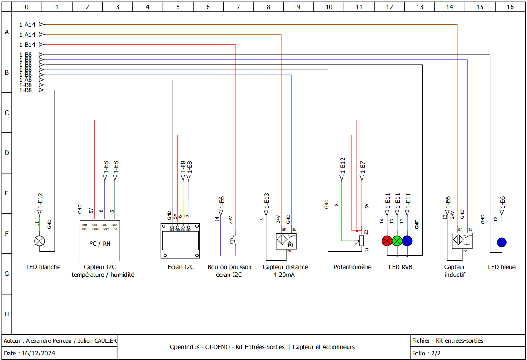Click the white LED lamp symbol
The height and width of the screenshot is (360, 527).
(x=40, y=241)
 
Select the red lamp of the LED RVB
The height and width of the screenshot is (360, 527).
(x=387, y=241)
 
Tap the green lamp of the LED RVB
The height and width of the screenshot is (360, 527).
(x=397, y=241)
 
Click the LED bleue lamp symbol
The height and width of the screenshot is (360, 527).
(x=502, y=242)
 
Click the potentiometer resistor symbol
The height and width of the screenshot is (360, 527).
(x=362, y=241)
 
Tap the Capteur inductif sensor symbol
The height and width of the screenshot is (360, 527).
(x=462, y=240)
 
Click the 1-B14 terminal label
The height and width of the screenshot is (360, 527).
(x=28, y=45)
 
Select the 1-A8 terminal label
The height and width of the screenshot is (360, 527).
(x=25, y=80)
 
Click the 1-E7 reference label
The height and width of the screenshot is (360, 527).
(x=363, y=167)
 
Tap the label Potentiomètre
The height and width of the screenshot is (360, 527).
(x=352, y=267)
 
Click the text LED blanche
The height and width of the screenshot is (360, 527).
(x=43, y=267)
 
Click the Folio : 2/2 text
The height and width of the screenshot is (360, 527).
(x=426, y=353)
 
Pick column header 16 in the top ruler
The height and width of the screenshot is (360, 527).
(x=510, y=7)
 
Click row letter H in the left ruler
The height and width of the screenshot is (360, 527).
(x=6, y=314)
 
